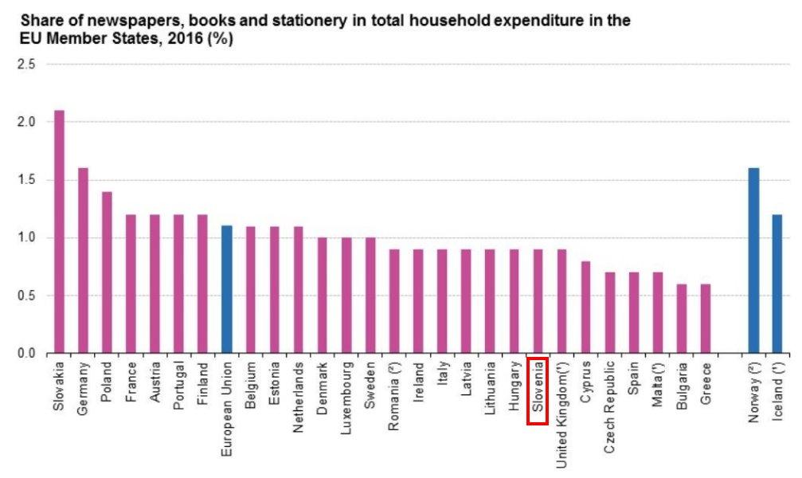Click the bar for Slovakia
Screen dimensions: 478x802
(x=59, y=232)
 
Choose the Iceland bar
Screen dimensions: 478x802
(x=777, y=284)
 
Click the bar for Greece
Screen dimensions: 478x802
(x=706, y=319)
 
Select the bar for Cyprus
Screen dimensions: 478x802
(x=585, y=307)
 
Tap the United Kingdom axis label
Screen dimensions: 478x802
(x=561, y=415)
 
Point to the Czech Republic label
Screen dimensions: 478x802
(x=609, y=407)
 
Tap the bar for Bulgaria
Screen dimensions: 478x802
(x=682, y=319)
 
